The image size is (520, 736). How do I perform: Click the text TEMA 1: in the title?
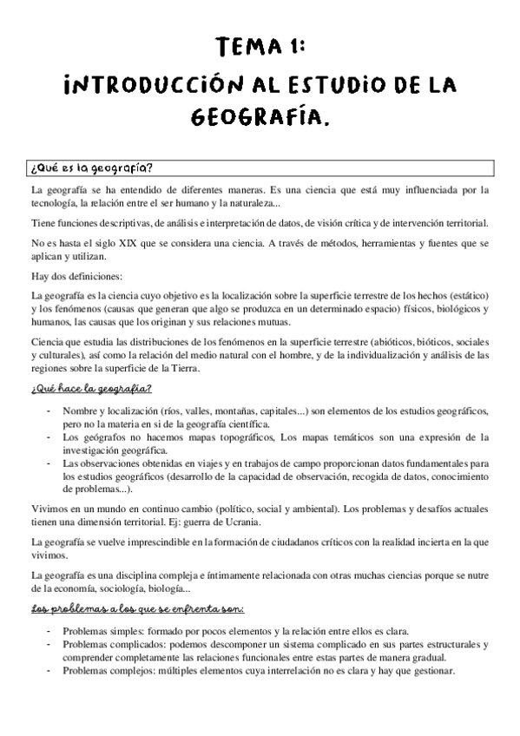point(260,47)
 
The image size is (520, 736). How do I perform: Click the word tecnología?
point(53,203)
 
